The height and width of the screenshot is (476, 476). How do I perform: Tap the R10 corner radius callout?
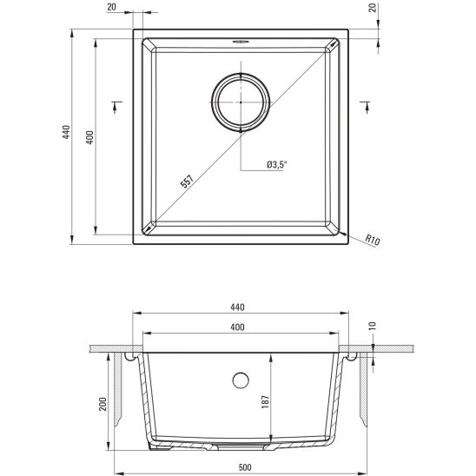[374, 240]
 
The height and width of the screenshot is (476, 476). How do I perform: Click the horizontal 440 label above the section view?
[239, 307]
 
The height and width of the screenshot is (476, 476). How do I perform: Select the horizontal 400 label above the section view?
[239, 327]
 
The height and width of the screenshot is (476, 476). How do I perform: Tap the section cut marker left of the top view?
[116, 106]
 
